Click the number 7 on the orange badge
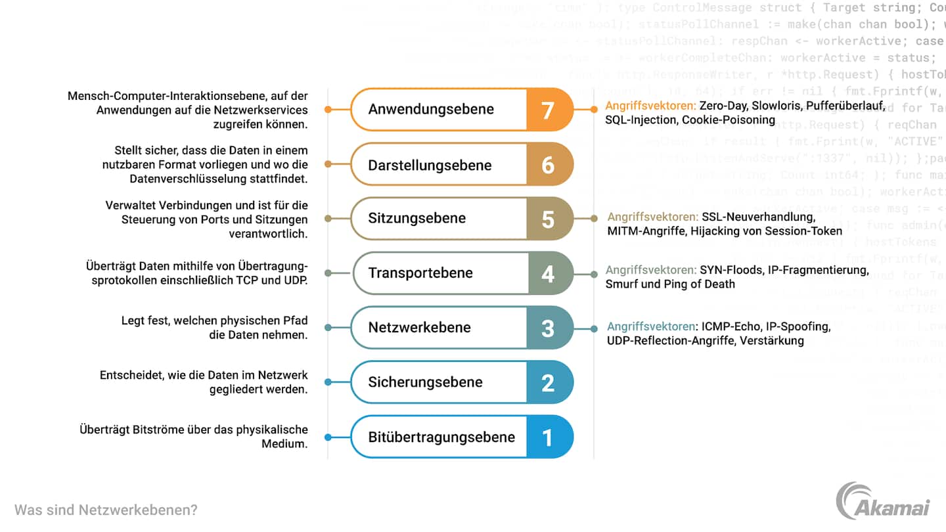click(548, 110)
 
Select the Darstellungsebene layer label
click(430, 165)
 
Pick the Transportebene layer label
click(420, 273)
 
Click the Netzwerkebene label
click(419, 327)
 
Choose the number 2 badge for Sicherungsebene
click(548, 382)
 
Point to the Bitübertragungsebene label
click(441, 437)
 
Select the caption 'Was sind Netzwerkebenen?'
click(106, 510)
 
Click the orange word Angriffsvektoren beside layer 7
click(650, 106)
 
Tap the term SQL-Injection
click(641, 120)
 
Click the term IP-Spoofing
click(798, 326)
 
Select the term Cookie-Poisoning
click(729, 120)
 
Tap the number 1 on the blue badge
click(548, 437)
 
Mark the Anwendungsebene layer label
click(431, 109)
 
